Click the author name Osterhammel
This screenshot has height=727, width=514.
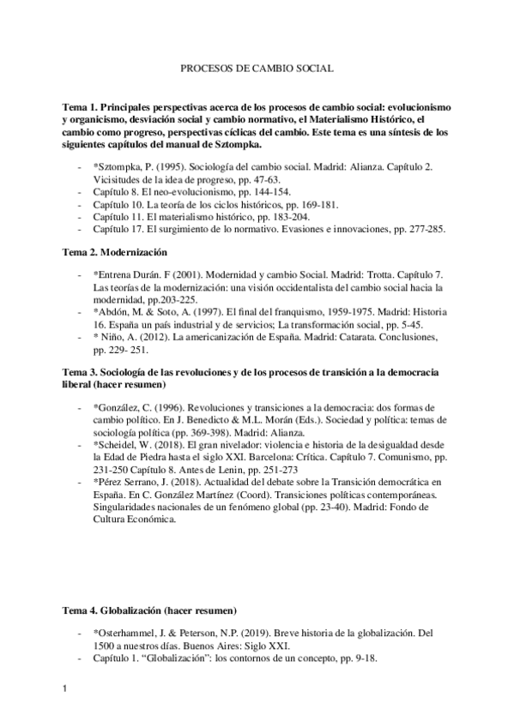click(133, 634)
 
